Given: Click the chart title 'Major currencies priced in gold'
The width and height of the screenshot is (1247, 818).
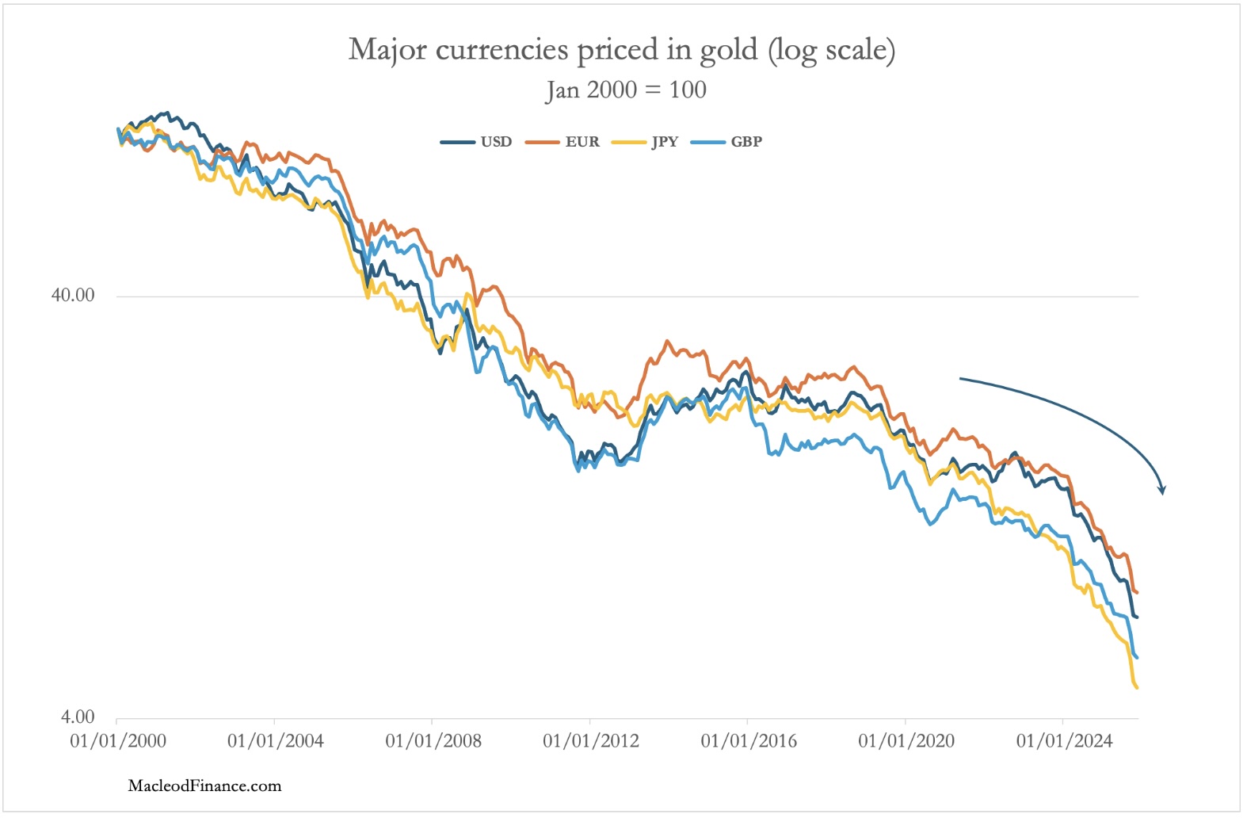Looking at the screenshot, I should pos(622,50).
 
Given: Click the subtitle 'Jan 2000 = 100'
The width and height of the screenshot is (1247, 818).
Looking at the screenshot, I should pos(626,90).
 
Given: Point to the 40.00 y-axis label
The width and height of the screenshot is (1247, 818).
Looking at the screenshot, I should pos(73,296).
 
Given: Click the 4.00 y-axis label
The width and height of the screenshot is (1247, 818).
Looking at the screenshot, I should pos(78,717).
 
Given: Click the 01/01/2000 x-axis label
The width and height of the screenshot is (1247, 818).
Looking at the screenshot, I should pos(118,742).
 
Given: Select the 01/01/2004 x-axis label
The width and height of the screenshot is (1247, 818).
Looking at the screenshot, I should pos(276,742).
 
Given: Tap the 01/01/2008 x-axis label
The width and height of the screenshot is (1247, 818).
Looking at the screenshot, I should pos(433,742).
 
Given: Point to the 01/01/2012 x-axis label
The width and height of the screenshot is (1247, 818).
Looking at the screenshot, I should pos(591,742).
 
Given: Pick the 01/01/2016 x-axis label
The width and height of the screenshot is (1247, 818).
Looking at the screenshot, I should pos(749,742).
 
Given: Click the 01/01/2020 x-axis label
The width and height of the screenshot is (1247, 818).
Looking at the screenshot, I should pos(906,742).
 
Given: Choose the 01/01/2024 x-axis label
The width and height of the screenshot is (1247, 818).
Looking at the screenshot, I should pos(1064,742).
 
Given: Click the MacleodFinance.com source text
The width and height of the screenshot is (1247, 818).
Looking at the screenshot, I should pos(204,786).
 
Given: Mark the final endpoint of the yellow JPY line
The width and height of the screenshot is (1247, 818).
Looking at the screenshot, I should pos(1138,688).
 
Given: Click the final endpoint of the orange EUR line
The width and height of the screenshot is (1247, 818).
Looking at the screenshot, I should pos(1138,592).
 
